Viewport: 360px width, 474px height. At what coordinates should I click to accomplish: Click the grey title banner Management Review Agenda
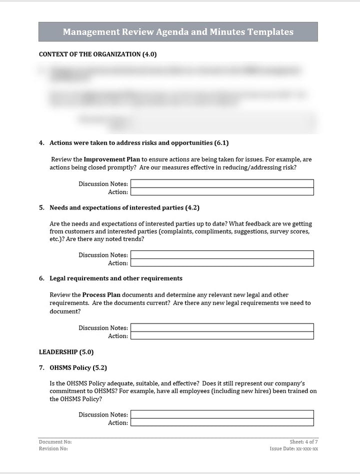(178, 32)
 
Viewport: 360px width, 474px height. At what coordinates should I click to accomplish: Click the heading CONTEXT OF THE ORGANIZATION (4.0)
(97, 54)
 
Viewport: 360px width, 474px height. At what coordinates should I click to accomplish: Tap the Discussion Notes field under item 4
(222, 183)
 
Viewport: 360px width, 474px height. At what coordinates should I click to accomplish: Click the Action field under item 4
(222, 191)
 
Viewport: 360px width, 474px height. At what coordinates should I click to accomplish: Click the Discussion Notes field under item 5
(222, 254)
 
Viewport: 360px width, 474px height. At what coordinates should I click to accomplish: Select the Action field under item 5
(222, 262)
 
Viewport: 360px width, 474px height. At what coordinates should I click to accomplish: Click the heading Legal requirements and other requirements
(116, 278)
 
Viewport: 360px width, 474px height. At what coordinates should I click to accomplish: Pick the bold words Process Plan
(101, 295)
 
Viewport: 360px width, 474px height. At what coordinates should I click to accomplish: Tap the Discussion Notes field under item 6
(222, 327)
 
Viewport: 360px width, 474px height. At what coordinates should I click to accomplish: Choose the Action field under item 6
(222, 335)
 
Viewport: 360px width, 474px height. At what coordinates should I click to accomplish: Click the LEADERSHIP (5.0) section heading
(66, 351)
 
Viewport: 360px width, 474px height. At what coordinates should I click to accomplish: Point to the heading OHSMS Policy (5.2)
(78, 367)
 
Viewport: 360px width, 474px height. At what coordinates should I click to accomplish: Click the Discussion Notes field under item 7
(222, 414)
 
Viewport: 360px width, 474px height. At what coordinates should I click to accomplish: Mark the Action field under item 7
(222, 422)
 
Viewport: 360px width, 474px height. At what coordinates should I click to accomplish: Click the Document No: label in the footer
(55, 442)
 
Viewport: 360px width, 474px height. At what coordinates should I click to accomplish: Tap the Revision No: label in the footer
(53, 448)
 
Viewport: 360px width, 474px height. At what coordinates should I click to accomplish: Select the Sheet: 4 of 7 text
(303, 442)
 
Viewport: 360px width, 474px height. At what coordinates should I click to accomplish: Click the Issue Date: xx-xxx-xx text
(293, 448)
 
